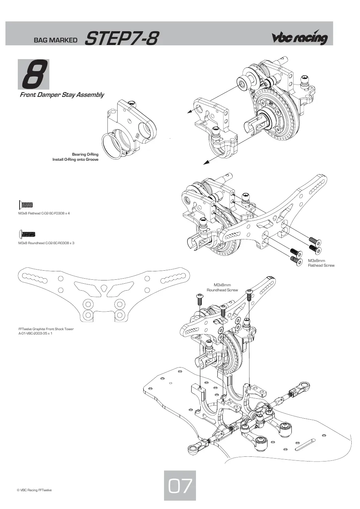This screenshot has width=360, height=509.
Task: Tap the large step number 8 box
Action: tap(34, 74)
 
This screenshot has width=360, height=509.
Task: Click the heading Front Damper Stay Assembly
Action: tap(62, 95)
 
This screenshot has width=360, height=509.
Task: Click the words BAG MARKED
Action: tap(56, 40)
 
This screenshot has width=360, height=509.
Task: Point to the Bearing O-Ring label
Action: tap(85, 154)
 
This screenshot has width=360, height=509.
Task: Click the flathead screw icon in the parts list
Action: tap(26, 205)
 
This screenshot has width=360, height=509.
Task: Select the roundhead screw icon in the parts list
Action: tap(28, 234)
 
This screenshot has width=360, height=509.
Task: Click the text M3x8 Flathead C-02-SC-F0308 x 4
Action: tap(44, 213)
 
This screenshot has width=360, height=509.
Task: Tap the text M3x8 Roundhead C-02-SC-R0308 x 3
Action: tap(46, 243)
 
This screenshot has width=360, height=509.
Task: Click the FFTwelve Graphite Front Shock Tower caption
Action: tap(46, 329)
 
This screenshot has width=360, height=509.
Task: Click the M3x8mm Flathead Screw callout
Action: tap(321, 263)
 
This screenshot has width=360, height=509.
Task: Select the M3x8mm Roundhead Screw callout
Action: tap(222, 287)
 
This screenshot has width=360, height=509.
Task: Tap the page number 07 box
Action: tap(180, 485)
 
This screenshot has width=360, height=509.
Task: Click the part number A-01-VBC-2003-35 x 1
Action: tap(36, 333)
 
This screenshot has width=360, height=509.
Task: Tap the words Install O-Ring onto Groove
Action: tap(75, 160)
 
